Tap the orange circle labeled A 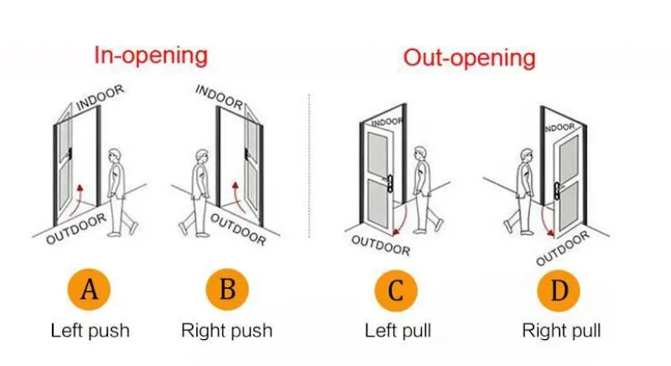90,290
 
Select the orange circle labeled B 227,290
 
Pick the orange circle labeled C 397,290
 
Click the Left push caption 90,330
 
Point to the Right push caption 227,330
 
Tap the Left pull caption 398,330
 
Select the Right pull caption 561,330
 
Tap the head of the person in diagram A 116,157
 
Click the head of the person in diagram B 200,157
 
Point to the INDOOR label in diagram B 220,97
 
